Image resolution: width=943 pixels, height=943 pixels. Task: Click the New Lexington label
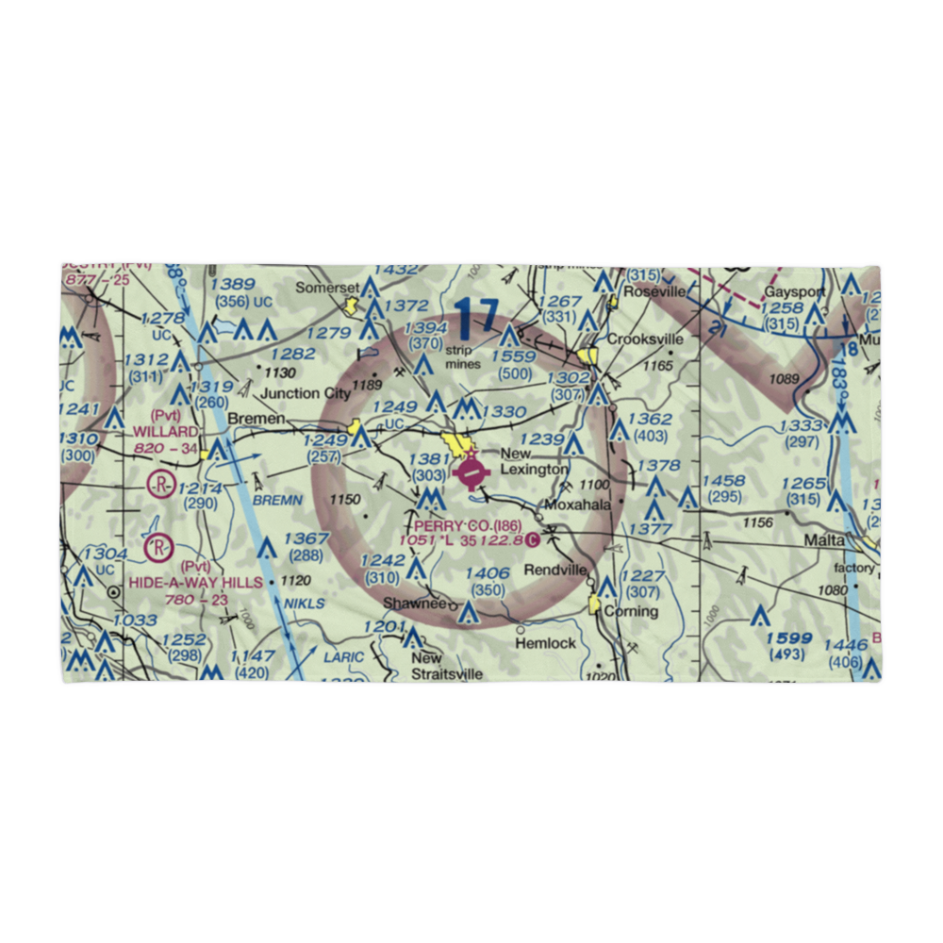pyautogui.click(x=534, y=461)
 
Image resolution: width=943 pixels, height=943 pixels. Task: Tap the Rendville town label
pyautogui.click(x=556, y=571)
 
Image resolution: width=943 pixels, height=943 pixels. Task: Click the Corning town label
pyautogui.click(x=631, y=611)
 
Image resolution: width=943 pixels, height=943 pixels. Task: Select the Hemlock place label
pyautogui.click(x=545, y=643)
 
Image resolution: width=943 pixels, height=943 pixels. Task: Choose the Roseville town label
pyautogui.click(x=652, y=292)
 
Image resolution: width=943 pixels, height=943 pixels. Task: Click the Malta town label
pyautogui.click(x=824, y=543)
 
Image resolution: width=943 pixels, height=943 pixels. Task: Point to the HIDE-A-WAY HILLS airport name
pyautogui.click(x=196, y=583)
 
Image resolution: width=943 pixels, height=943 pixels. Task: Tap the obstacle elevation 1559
pyautogui.click(x=513, y=357)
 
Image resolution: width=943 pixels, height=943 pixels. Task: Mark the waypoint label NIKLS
pyautogui.click(x=305, y=604)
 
